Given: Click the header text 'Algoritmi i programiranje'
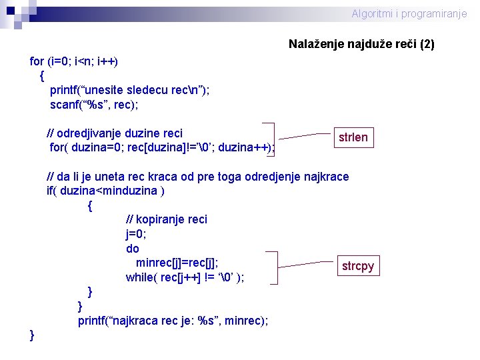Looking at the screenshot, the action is (x=409, y=14).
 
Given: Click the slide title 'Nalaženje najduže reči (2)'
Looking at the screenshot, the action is (x=361, y=45).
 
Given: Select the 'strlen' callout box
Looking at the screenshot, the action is (x=353, y=137).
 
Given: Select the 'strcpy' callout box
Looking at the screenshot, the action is (x=358, y=266).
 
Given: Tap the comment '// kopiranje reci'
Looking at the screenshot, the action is (x=166, y=219).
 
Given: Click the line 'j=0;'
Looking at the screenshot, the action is (x=136, y=234).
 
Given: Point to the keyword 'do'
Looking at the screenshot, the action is (x=133, y=249).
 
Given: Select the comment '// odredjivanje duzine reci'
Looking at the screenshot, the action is (x=114, y=133).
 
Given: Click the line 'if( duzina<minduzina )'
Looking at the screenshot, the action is (x=105, y=191).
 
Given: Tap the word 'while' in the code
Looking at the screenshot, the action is (x=139, y=277).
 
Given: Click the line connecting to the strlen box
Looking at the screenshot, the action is (x=303, y=136).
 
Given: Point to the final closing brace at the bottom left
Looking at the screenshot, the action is (x=33, y=335).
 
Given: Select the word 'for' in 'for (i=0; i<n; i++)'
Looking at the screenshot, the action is (x=37, y=61).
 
